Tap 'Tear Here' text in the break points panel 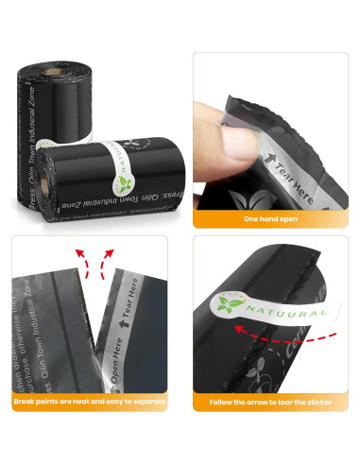point(132,293)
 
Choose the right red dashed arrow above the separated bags point(110,258)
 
